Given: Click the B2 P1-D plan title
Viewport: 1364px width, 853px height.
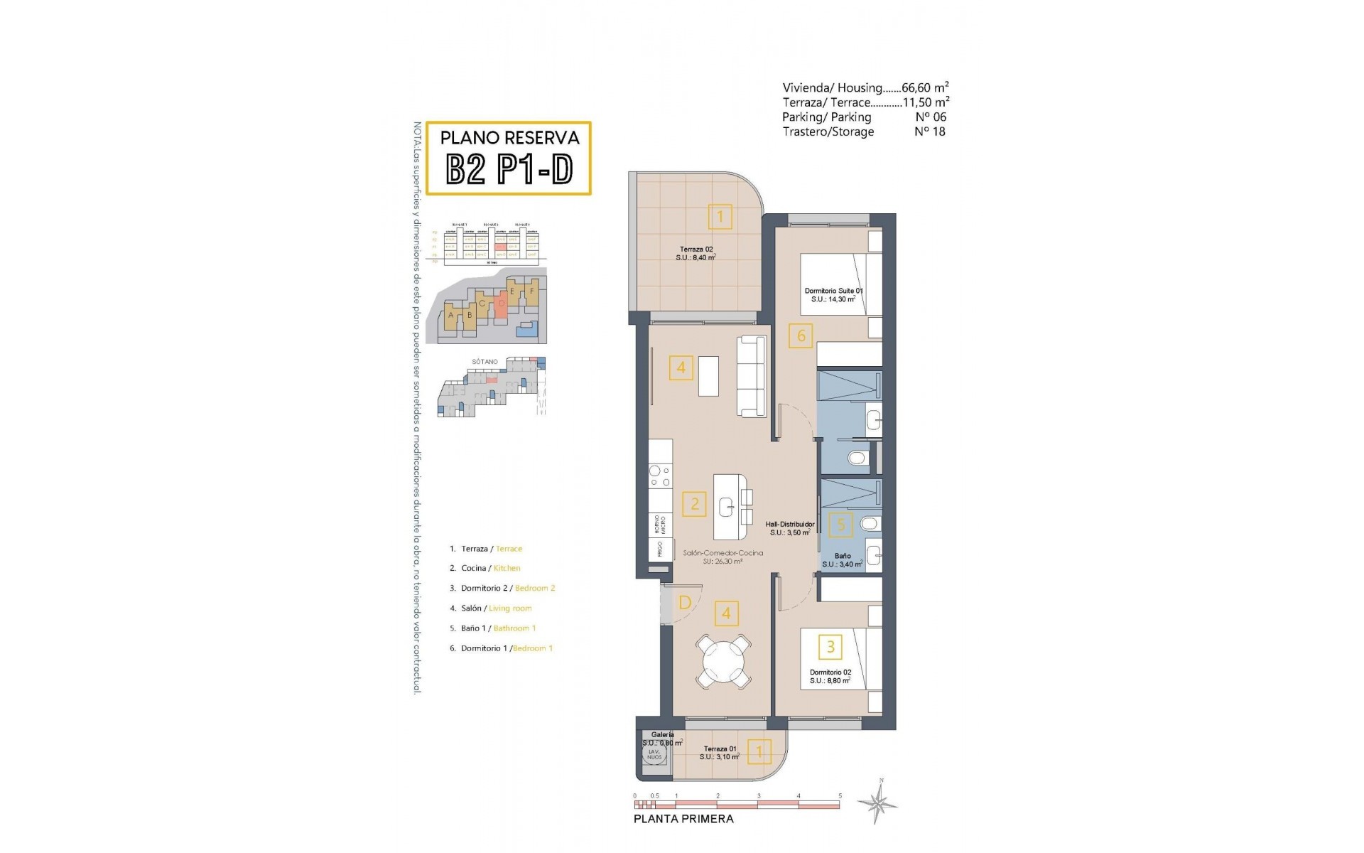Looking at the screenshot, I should (x=509, y=170).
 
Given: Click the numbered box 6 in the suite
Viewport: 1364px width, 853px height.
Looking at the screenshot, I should (x=801, y=336).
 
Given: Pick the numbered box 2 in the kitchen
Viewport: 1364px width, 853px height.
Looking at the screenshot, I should (x=695, y=504).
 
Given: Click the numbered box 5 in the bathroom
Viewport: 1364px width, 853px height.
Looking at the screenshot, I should (x=841, y=525).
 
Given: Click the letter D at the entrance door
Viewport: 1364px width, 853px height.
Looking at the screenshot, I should (x=685, y=603).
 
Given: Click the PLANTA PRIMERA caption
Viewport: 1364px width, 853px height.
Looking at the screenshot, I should (x=683, y=819).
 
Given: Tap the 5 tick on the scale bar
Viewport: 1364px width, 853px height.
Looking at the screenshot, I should (x=840, y=796).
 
